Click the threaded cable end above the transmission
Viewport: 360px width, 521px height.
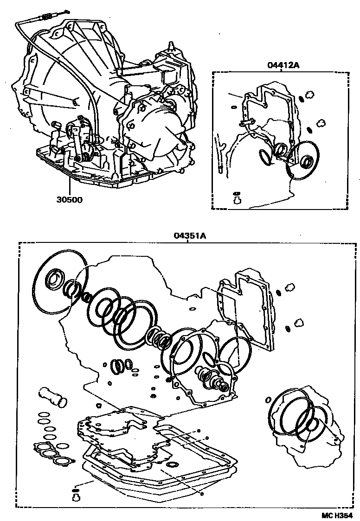[x=47, y=17]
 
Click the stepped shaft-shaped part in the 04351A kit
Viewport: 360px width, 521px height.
[x=215, y=379]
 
